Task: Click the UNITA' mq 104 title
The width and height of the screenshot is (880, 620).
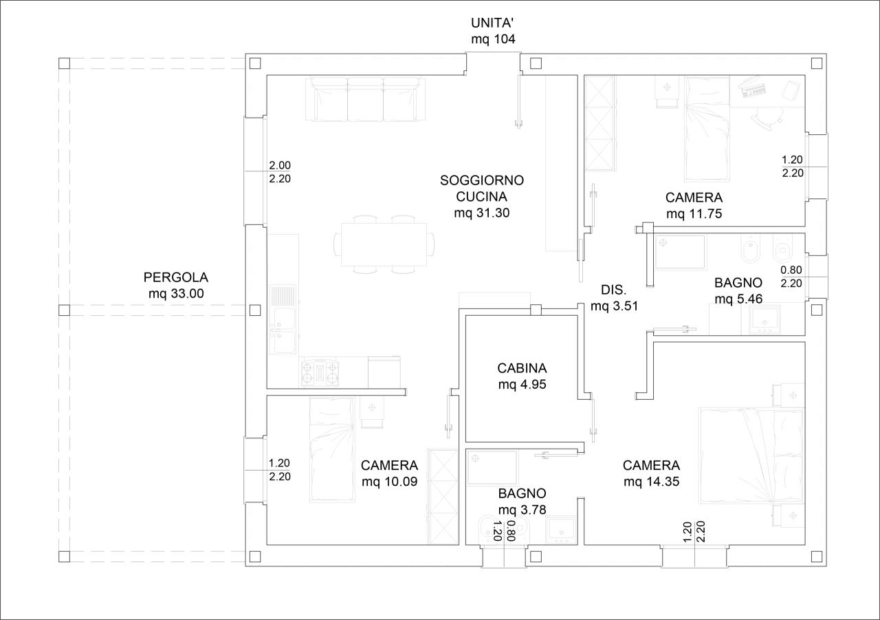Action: click(x=493, y=31)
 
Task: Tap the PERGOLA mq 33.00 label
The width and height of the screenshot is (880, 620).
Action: click(x=175, y=285)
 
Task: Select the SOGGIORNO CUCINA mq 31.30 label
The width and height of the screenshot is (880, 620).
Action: click(x=482, y=196)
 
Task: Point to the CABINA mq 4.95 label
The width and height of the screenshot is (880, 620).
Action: click(x=522, y=376)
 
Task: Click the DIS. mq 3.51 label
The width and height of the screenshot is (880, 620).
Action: click(x=614, y=298)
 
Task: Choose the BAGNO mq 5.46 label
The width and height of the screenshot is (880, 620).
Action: click(x=738, y=290)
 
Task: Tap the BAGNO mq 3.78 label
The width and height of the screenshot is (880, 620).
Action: click(x=522, y=501)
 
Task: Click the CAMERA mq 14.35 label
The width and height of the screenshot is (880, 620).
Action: click(x=651, y=473)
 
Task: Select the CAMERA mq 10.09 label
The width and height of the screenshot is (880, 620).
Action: click(x=389, y=473)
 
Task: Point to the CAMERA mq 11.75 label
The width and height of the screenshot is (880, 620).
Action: click(x=694, y=205)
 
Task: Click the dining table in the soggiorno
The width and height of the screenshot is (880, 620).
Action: click(x=384, y=244)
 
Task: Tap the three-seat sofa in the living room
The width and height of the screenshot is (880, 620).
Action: click(x=365, y=98)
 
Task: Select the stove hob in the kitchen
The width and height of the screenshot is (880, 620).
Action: click(x=320, y=372)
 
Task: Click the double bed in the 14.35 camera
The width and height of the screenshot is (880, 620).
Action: click(x=751, y=456)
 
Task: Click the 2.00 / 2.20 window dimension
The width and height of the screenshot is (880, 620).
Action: click(x=280, y=172)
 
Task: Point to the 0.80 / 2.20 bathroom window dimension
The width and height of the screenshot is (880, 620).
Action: click(x=791, y=277)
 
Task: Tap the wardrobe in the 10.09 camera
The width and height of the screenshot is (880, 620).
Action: click(x=443, y=497)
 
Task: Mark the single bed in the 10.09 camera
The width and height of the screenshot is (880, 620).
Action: click(x=332, y=449)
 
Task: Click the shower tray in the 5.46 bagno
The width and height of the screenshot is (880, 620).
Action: click(x=680, y=252)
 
